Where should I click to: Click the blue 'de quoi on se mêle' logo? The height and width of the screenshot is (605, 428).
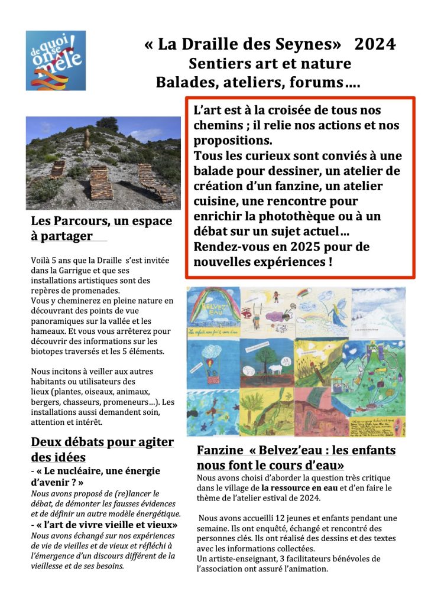[x=56, y=60]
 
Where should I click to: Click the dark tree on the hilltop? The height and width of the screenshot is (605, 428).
[x=107, y=123]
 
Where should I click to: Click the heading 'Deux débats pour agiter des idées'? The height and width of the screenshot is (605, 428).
[x=102, y=449]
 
